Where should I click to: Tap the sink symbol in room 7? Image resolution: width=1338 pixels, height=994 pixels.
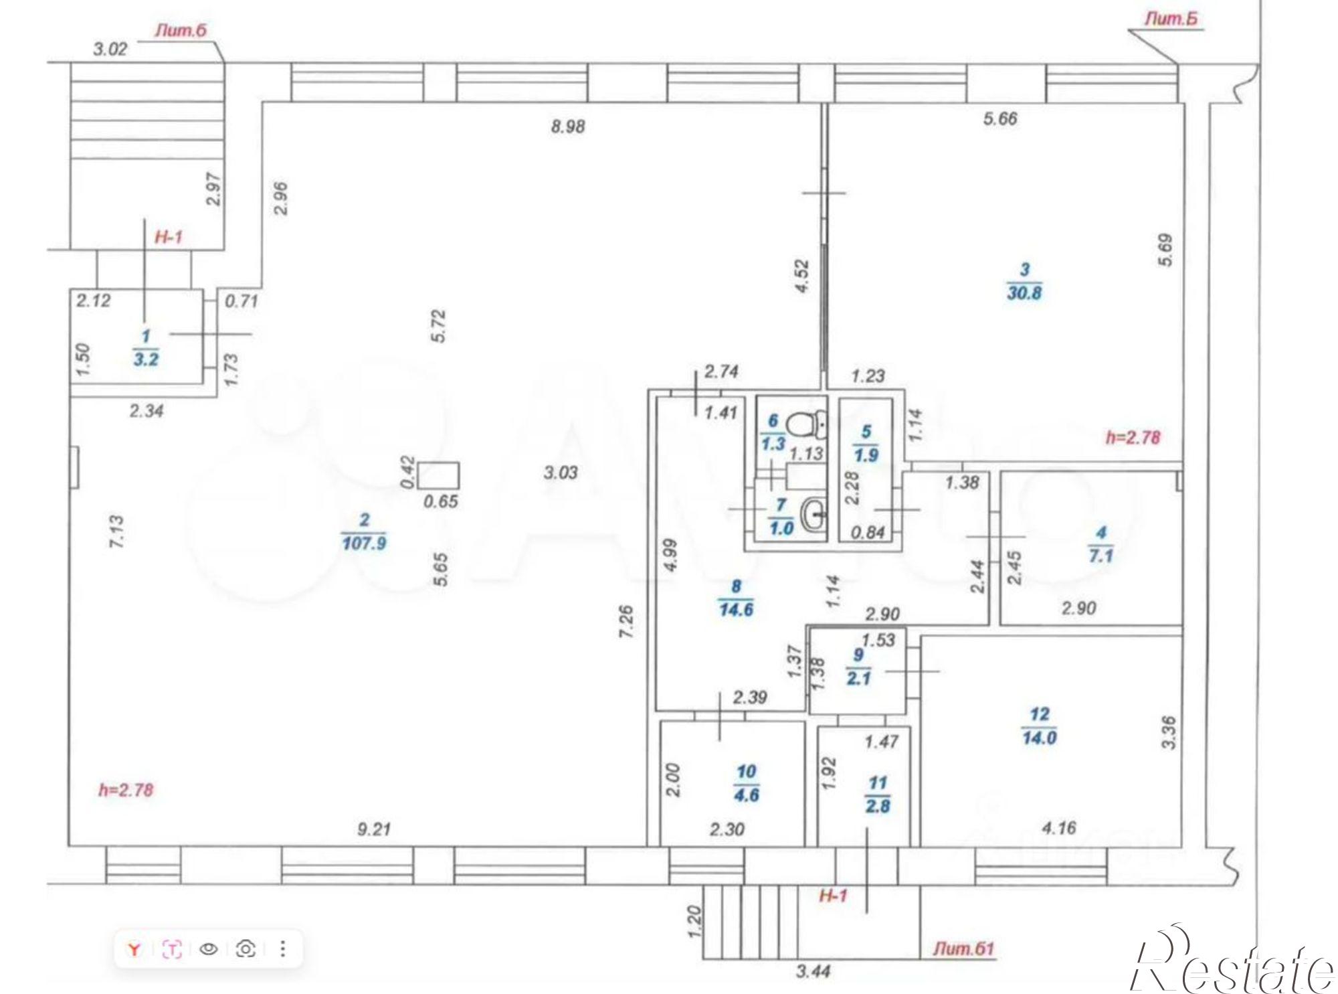(812, 514)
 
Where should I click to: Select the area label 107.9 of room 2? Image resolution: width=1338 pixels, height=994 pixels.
(364, 543)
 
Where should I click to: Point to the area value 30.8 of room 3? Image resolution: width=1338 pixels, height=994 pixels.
(1024, 293)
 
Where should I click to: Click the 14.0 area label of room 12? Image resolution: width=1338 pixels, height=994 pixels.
(1040, 738)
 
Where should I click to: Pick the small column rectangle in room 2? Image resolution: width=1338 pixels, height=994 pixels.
(439, 475)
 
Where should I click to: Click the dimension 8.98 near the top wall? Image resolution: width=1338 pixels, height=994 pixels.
(568, 126)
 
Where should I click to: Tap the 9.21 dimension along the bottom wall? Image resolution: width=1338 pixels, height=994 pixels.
(374, 829)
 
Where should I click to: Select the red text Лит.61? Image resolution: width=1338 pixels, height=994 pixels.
(964, 948)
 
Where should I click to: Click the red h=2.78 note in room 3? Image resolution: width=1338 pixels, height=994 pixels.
(1133, 438)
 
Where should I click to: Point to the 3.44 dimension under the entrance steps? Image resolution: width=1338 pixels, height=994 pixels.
(814, 971)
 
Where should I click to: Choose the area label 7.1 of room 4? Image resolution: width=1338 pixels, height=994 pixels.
(1101, 556)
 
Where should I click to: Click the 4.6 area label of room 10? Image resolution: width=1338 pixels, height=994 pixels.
(746, 795)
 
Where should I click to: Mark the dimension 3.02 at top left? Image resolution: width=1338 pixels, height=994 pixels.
(110, 49)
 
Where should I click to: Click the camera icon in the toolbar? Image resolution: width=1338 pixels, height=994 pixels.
(246, 948)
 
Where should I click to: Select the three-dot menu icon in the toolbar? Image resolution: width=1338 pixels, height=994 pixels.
(283, 948)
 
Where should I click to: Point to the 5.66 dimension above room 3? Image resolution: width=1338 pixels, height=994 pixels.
(1000, 118)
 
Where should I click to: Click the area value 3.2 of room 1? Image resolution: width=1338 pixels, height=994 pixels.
(146, 359)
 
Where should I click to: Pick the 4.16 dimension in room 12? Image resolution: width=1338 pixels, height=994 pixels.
(1059, 829)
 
